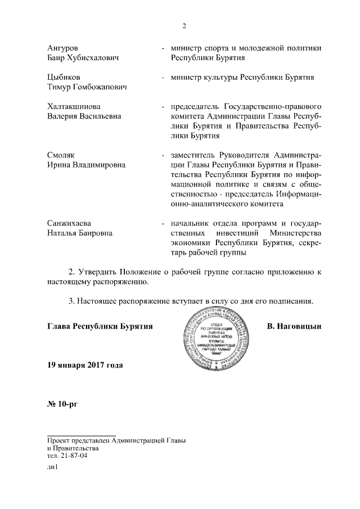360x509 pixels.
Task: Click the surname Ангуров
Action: point(64,47)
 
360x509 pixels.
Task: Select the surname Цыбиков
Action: point(64,76)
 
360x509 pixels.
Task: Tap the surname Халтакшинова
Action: point(74,106)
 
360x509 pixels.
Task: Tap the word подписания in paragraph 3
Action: point(289,301)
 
